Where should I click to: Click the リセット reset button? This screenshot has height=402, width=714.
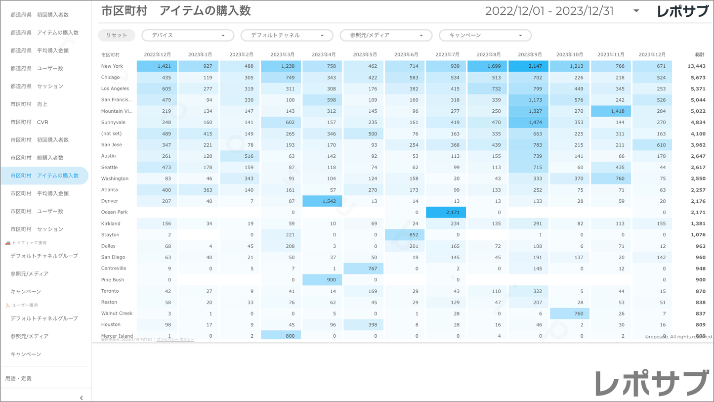coord(117,35)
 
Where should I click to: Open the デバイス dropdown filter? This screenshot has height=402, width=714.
coord(188,35)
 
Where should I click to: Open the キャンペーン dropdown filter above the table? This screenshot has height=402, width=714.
coord(485,35)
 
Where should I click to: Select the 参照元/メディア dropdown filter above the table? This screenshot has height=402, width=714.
coord(385,35)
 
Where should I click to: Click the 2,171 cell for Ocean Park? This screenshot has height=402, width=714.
coord(446,212)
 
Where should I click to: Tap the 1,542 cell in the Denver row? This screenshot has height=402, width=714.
coord(322,201)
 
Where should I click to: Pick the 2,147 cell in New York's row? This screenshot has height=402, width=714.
coord(528,66)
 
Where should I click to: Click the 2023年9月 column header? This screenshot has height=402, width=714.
coord(530,54)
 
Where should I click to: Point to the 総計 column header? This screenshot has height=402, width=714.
coord(699,54)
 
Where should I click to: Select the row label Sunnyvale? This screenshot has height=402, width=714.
coord(113,122)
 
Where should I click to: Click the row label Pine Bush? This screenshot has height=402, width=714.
coord(113,279)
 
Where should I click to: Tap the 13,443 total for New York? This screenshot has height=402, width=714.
coord(696,66)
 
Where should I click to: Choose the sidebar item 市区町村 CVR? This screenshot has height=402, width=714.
coord(30,122)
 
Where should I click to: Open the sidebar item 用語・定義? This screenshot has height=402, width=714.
coord(19,378)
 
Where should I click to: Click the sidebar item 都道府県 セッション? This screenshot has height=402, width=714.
coord(37,86)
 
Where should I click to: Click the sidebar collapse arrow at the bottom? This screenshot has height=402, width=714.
coord(82,398)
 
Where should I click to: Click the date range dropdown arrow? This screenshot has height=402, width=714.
coord(636,11)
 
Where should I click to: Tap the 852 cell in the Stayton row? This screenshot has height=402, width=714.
coord(405,235)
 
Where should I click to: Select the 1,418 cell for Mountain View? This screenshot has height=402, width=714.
coord(611,111)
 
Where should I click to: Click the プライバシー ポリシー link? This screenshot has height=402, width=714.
coord(175,340)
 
